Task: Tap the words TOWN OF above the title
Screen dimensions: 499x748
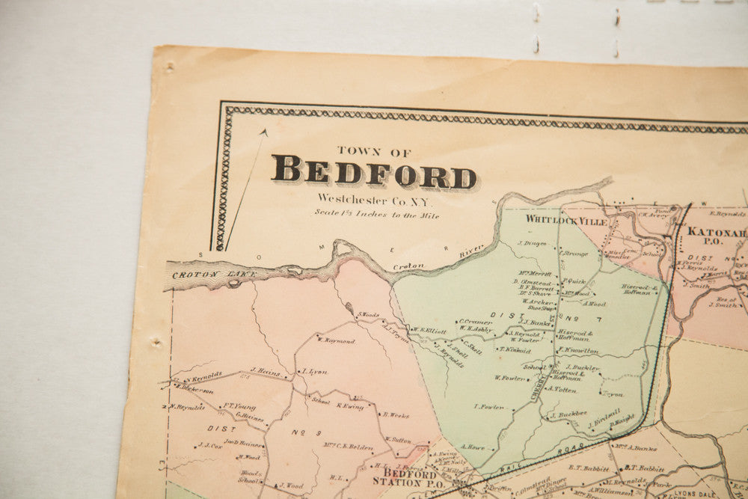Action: click(373, 150)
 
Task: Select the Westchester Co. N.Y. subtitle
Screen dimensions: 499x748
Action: click(375, 199)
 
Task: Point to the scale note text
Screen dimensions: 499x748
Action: click(377, 215)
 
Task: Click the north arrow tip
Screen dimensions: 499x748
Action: click(264, 132)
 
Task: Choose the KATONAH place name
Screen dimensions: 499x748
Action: click(717, 233)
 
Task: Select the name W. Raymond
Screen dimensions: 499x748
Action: click(335, 340)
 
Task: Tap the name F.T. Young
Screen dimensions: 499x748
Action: click(239, 407)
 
